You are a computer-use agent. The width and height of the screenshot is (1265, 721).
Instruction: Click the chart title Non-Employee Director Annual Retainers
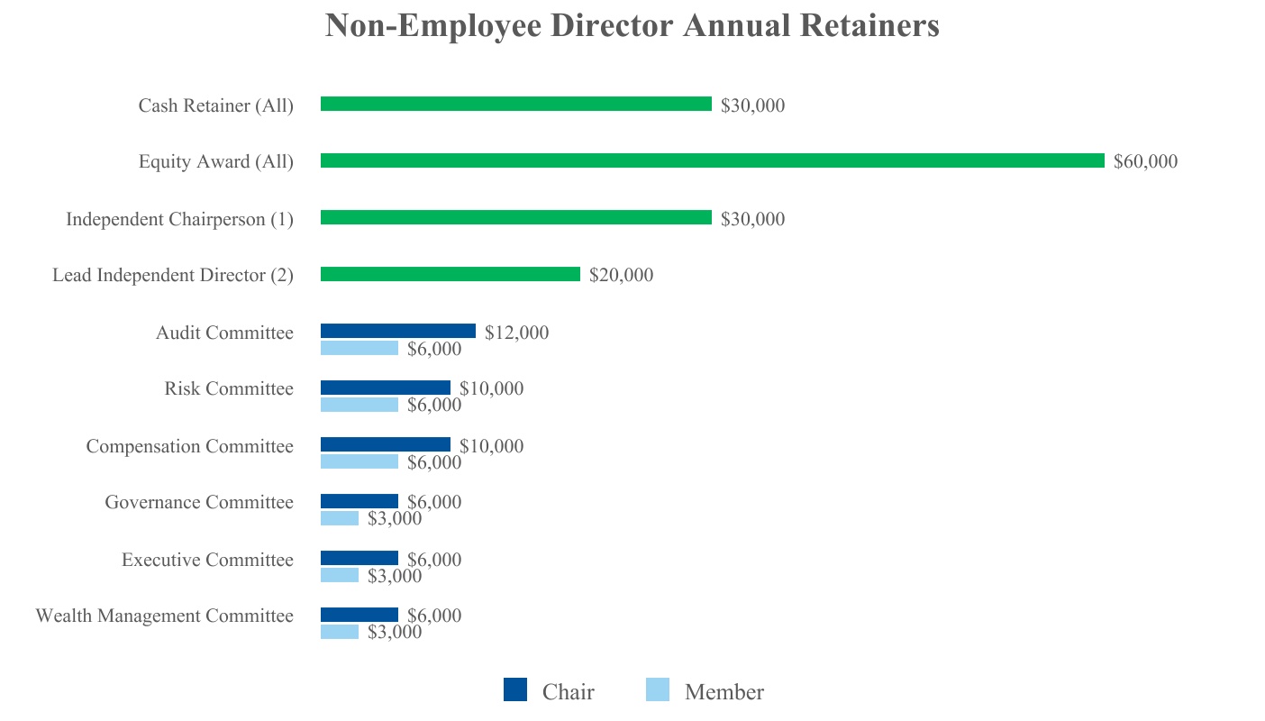click(632, 25)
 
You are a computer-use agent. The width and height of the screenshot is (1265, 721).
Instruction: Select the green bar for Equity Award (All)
click(712, 160)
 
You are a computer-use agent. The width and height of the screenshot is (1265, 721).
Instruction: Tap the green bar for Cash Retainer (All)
click(515, 104)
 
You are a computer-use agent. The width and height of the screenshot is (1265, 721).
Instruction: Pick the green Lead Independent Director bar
click(450, 274)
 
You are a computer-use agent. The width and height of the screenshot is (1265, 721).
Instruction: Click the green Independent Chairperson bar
click(515, 217)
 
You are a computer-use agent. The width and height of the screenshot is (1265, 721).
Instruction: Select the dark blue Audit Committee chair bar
click(397, 331)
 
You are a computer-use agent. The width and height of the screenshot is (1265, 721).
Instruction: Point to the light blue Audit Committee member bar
click(359, 348)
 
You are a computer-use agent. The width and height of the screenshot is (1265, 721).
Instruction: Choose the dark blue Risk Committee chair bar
click(385, 388)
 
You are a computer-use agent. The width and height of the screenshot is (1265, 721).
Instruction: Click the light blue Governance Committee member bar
click(340, 518)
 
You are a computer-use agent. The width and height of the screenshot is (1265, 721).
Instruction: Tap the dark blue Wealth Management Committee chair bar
click(359, 615)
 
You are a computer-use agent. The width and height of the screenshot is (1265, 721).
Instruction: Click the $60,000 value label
click(1145, 162)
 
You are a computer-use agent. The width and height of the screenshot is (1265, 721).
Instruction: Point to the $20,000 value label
click(621, 276)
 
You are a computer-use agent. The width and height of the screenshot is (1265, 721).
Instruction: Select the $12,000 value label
click(516, 333)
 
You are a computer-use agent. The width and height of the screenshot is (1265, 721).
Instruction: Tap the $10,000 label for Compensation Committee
click(491, 446)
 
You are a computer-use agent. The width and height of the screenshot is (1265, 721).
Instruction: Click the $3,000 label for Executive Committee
click(394, 576)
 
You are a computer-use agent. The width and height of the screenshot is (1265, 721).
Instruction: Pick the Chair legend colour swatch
click(515, 689)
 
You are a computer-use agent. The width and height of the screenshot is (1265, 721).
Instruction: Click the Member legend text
click(724, 692)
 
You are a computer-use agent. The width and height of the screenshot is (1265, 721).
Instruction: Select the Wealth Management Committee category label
click(164, 616)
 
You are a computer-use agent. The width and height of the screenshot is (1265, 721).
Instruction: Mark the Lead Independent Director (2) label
click(172, 276)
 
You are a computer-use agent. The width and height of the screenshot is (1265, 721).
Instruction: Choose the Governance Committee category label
click(198, 502)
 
